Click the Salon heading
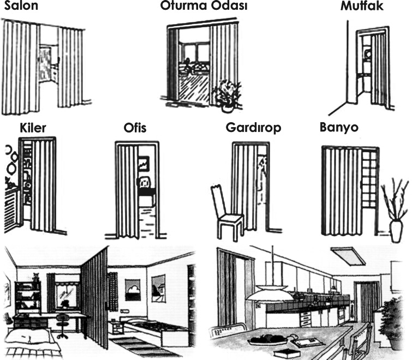(21, 5)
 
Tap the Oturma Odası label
(204, 5)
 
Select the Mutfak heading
(362, 6)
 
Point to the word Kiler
(33, 128)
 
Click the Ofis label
(135, 128)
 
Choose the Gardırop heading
(254, 128)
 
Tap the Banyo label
(339, 127)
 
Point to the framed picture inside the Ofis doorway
(144, 164)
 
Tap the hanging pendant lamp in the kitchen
(270, 293)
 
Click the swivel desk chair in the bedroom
(62, 326)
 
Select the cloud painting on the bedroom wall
(133, 290)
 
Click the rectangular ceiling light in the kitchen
(348, 255)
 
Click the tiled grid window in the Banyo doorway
(369, 181)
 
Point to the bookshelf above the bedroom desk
(28, 297)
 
